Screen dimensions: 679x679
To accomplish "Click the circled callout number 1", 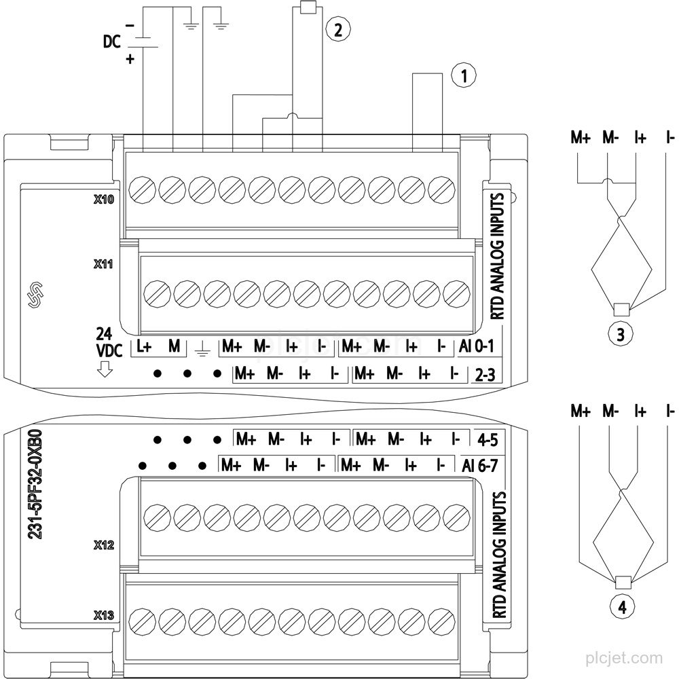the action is pyautogui.click(x=464, y=75).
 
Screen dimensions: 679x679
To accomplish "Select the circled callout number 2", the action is pyautogui.click(x=337, y=29).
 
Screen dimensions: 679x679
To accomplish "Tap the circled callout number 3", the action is pyautogui.click(x=621, y=334).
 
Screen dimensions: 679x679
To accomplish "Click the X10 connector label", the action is pyautogui.click(x=104, y=199).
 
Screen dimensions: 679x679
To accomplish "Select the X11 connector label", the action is pyautogui.click(x=103, y=263).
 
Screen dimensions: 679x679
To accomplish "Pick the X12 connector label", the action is pyautogui.click(x=104, y=545).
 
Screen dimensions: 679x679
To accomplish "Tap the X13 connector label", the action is pyautogui.click(x=104, y=615).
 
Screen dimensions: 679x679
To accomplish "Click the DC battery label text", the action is pyautogui.click(x=111, y=41).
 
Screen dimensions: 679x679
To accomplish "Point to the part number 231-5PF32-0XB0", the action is pyautogui.click(x=35, y=484).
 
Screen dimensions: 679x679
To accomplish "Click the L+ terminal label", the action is pyautogui.click(x=144, y=346).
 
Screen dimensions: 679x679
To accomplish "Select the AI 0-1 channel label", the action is pyautogui.click(x=476, y=346).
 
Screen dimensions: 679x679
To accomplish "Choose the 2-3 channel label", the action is pyautogui.click(x=485, y=375).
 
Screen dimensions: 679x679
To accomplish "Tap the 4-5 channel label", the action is pyautogui.click(x=488, y=441).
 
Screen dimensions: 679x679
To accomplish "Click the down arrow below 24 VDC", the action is pyautogui.click(x=105, y=369).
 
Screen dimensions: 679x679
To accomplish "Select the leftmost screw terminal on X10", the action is pyautogui.click(x=143, y=189).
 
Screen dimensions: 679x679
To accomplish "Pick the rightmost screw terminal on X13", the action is pyautogui.click(x=441, y=621).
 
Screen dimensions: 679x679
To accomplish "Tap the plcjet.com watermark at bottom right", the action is pyautogui.click(x=624, y=658).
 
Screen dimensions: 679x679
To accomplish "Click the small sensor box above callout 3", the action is pyautogui.click(x=622, y=310).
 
